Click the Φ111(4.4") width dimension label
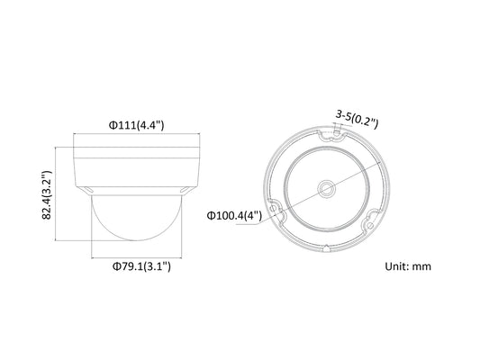[137, 125]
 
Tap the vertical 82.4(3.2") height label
[47, 194]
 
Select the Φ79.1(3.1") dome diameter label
[141, 266]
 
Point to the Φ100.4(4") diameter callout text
[234, 216]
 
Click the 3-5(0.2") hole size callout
[357, 119]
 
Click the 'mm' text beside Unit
[421, 266]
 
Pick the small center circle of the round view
[327, 189]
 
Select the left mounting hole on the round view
[274, 208]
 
